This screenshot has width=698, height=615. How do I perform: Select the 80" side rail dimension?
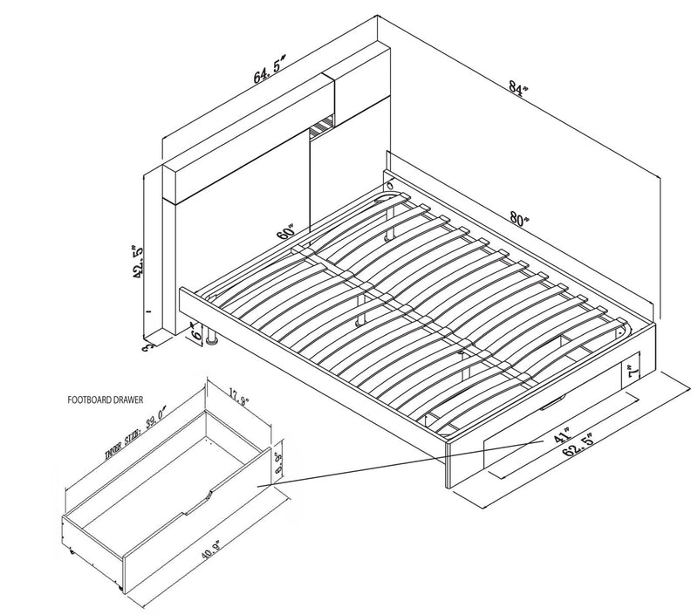coord(522,220)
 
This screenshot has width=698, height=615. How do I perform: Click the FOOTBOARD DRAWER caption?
coord(106,404)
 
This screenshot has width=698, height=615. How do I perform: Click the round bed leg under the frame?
coord(210,343)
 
